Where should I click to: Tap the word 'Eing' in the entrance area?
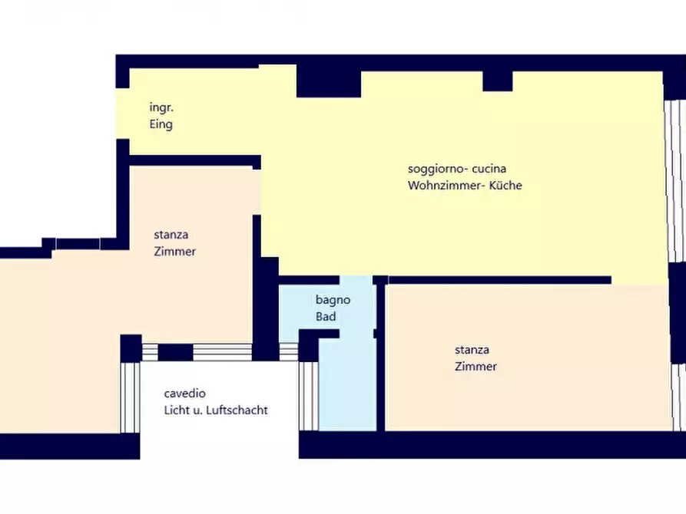[x=161, y=124]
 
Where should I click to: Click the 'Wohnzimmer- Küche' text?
[x=465, y=185]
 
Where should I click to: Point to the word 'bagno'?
[x=333, y=300]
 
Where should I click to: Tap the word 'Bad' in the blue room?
[x=326, y=316]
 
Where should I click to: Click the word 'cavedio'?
[x=184, y=393]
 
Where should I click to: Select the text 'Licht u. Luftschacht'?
[x=216, y=410]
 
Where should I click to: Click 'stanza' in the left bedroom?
[x=171, y=235]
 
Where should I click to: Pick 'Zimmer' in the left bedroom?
[x=174, y=251]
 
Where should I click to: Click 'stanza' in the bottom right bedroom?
[x=472, y=350]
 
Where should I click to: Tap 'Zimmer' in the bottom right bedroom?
[x=476, y=366]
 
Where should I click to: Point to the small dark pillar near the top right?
[x=497, y=81]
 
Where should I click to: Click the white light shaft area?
[x=215, y=437]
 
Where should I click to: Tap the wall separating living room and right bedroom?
[x=499, y=280]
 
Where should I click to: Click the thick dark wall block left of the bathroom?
[x=267, y=307]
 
